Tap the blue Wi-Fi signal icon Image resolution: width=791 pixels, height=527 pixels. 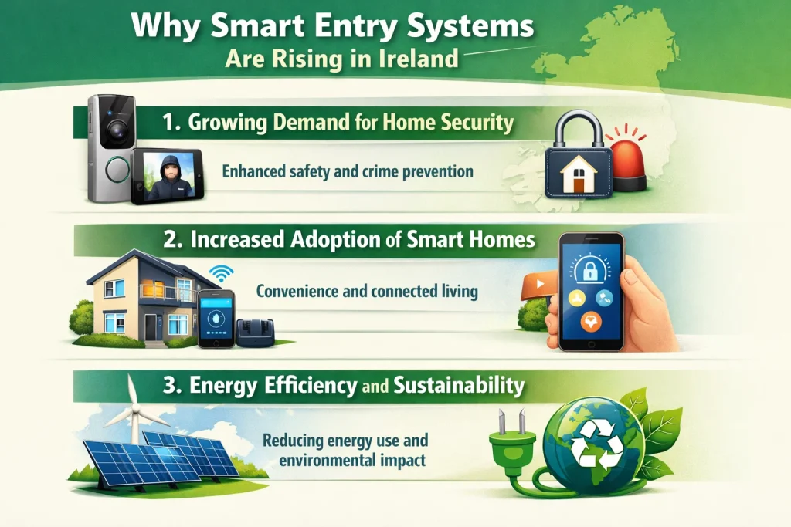pyautogui.click(x=221, y=272)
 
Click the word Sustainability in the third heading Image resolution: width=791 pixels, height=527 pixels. pyautogui.click(x=459, y=383)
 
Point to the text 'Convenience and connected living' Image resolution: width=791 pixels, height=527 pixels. pyautogui.click(x=366, y=292)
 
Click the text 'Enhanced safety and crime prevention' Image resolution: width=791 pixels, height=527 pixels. pyautogui.click(x=347, y=171)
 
